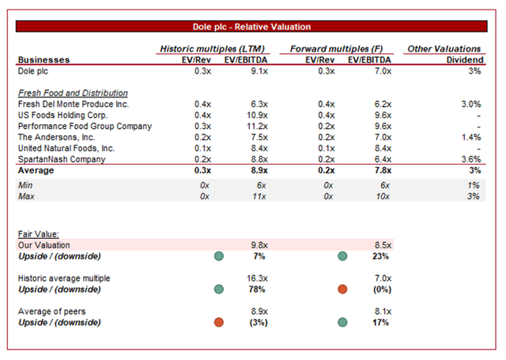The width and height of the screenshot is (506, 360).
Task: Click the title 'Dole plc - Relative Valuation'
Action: coord(252,27)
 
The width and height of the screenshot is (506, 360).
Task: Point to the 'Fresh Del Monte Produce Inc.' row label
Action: coord(62,104)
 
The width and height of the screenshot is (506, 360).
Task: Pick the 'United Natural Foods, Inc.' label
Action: coord(66,148)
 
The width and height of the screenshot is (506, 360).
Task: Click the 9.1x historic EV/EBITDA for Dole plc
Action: coord(251,70)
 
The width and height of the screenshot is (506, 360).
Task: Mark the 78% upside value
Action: coord(253,290)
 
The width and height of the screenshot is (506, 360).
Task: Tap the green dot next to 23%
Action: coord(342,256)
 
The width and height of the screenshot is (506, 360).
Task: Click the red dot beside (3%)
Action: coord(219,323)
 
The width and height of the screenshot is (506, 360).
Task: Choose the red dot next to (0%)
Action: coord(342,290)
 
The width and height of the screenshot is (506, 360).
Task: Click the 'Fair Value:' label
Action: coord(36,233)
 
